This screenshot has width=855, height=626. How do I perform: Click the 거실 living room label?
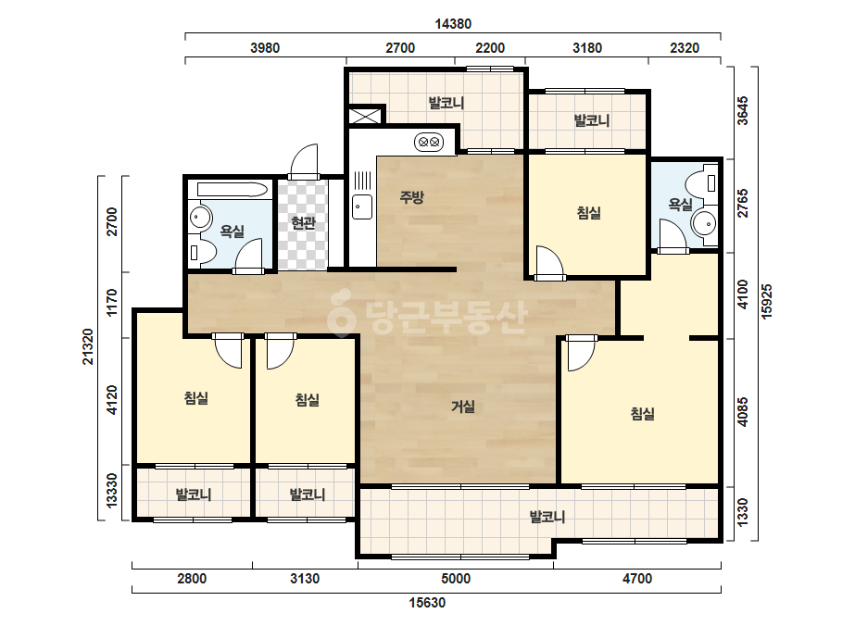pos(463,407)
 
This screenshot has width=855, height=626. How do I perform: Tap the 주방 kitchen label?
pos(411,196)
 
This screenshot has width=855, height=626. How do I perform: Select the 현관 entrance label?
pos(303,222)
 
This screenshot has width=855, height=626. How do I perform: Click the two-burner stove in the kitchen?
pos(429,143)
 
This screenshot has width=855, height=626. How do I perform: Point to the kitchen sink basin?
pos(362,207)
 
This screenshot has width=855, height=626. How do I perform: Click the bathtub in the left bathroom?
pos(232,190)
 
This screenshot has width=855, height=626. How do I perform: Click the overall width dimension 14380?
pos(453,24)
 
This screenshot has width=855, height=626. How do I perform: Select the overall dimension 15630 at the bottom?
pos(427,603)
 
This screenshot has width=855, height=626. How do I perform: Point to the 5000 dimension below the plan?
pos(456,579)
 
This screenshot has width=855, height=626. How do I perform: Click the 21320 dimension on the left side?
pos(88,347)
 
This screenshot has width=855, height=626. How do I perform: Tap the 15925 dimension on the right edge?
pos(767,302)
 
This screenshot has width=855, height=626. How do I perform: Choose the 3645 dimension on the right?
pos(743,111)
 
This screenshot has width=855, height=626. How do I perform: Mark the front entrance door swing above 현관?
pos(303,160)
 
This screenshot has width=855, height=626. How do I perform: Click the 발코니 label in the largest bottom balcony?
pos(547,517)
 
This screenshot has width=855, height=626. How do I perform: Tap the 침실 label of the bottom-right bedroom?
pos(642,413)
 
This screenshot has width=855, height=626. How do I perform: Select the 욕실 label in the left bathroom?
pos(233,232)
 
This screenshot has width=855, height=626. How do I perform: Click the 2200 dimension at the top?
pos(490,48)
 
